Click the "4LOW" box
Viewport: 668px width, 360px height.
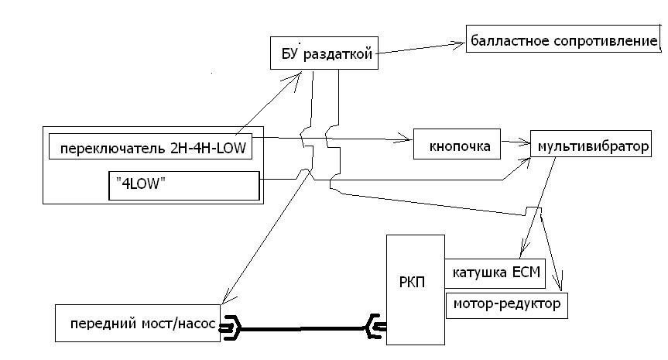(x=183, y=186)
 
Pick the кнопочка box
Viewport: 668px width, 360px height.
(x=455, y=145)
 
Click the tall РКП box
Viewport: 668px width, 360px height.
(x=415, y=290)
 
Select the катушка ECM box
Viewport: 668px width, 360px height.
(x=495, y=273)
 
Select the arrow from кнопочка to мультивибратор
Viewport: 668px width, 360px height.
(x=515, y=142)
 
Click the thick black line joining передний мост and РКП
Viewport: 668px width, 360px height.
(x=302, y=329)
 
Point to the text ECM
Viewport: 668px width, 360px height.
(x=529, y=273)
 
